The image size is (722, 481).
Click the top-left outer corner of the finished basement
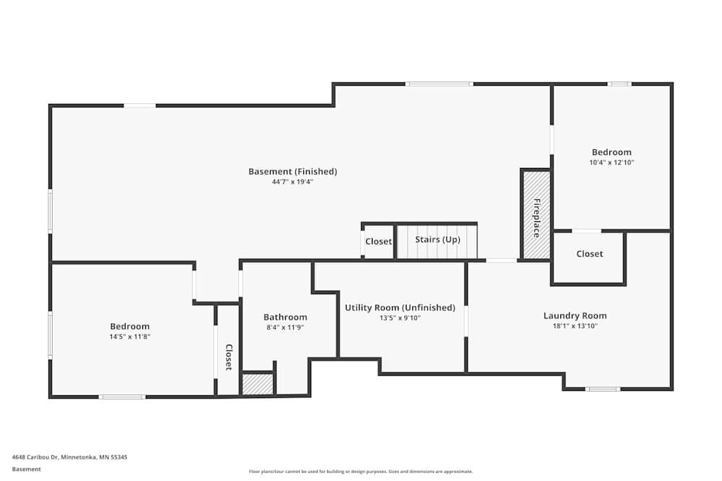point(49,105)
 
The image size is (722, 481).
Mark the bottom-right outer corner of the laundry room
point(673,390)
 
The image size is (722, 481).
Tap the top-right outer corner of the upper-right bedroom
point(673,83)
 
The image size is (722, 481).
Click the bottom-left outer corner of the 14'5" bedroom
point(49,397)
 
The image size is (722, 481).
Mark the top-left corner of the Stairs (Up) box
point(395,223)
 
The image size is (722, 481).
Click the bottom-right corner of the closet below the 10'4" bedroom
point(625,285)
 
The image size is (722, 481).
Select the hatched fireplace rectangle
point(536,215)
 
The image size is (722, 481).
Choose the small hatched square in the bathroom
point(258,384)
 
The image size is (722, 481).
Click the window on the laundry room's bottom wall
point(603,389)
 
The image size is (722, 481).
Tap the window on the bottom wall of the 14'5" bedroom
point(122,397)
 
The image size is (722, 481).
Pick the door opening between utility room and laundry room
point(466,322)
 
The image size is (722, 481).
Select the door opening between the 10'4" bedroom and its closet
point(586,231)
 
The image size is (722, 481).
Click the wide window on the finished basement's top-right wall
point(439,84)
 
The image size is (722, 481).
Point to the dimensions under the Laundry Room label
point(575,326)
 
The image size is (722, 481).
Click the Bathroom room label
point(285,317)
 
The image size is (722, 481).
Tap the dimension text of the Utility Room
point(400,318)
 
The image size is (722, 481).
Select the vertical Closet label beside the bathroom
point(228,357)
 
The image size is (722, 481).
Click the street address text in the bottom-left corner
point(69,457)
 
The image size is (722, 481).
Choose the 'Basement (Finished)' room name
point(292,172)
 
